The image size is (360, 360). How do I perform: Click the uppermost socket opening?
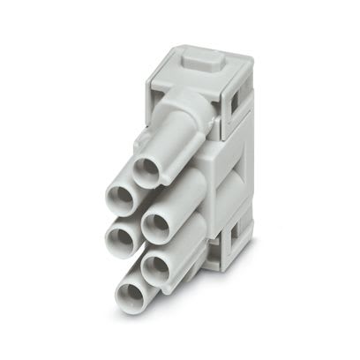click(x=146, y=168)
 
